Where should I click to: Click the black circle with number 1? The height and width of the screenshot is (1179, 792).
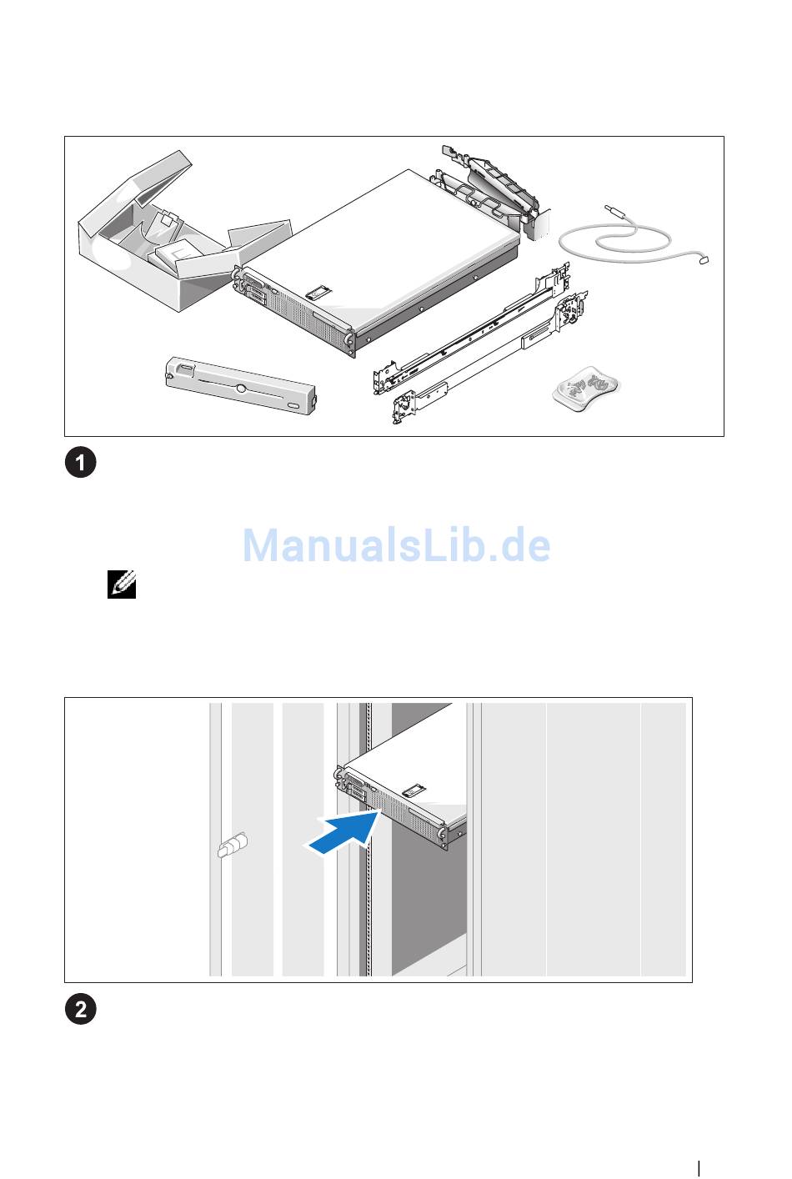(x=81, y=463)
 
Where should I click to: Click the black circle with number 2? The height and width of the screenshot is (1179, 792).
(x=81, y=1009)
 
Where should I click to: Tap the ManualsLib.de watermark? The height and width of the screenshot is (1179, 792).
(x=396, y=544)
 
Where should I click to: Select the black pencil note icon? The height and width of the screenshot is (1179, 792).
(x=122, y=584)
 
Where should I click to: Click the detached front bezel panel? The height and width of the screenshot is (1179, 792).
(x=241, y=385)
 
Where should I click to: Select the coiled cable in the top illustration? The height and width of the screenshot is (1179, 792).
(x=631, y=238)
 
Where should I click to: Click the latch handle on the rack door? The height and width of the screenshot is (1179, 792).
(x=233, y=845)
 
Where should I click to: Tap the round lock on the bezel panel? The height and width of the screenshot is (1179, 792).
(x=240, y=389)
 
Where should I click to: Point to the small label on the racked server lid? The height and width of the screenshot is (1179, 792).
(x=414, y=790)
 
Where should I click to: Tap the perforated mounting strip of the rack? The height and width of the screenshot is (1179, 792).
(x=368, y=839)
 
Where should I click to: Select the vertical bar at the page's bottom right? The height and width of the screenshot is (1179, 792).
(x=699, y=1168)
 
